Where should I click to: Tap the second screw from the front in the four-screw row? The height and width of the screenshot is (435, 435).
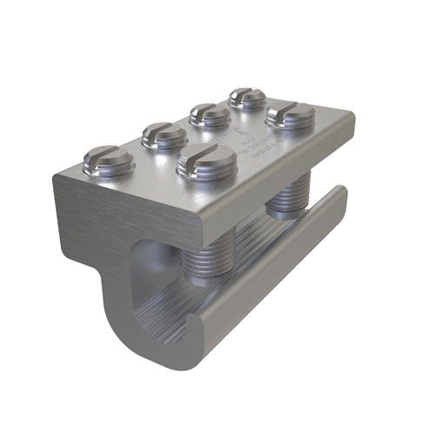(x=164, y=135)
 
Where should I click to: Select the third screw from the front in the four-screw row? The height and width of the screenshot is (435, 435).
(x=209, y=113)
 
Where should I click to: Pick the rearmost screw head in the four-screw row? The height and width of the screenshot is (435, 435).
(x=247, y=97)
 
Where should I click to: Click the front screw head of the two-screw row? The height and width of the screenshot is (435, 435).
(x=206, y=161)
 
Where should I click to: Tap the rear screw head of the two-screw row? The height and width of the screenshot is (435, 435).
(x=290, y=113)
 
